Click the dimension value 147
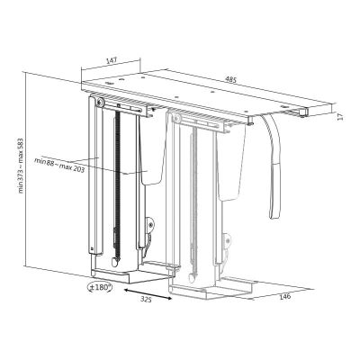[x=112, y=60]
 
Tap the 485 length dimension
[x=231, y=79]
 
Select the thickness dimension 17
[x=340, y=116]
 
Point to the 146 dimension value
[x=285, y=296]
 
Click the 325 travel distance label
[x=147, y=300]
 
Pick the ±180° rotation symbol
[x=100, y=287]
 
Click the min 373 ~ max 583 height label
[x=21, y=166]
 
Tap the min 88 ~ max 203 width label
[x=59, y=165]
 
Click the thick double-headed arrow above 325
[x=148, y=293]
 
